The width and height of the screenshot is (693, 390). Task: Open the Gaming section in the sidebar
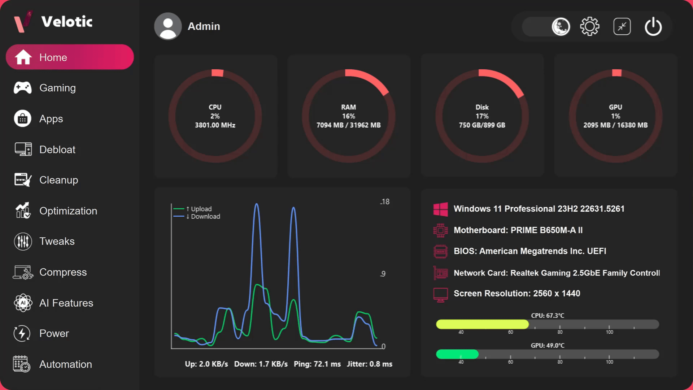click(57, 88)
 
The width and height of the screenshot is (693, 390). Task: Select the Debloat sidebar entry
click(57, 149)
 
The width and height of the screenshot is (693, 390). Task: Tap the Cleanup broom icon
click(23, 180)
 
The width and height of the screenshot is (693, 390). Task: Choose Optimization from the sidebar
click(68, 211)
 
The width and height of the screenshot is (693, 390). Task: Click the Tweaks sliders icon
click(23, 242)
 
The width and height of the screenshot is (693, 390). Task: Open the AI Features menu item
click(66, 303)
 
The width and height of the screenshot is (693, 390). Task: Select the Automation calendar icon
click(22, 364)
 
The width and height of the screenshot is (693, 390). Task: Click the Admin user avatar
click(168, 26)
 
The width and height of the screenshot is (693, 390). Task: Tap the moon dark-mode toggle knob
click(561, 26)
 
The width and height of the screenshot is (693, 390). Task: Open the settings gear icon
click(590, 26)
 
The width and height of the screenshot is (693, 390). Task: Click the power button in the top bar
click(653, 26)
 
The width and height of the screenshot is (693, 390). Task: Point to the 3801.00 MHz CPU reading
click(215, 125)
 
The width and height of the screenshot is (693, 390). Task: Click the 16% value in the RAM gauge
click(349, 116)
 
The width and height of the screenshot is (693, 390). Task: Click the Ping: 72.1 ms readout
click(317, 364)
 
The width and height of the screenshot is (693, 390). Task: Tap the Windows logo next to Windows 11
click(440, 209)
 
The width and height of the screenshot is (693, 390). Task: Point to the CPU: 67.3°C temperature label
click(548, 316)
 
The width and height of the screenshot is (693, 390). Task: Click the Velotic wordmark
click(67, 22)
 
